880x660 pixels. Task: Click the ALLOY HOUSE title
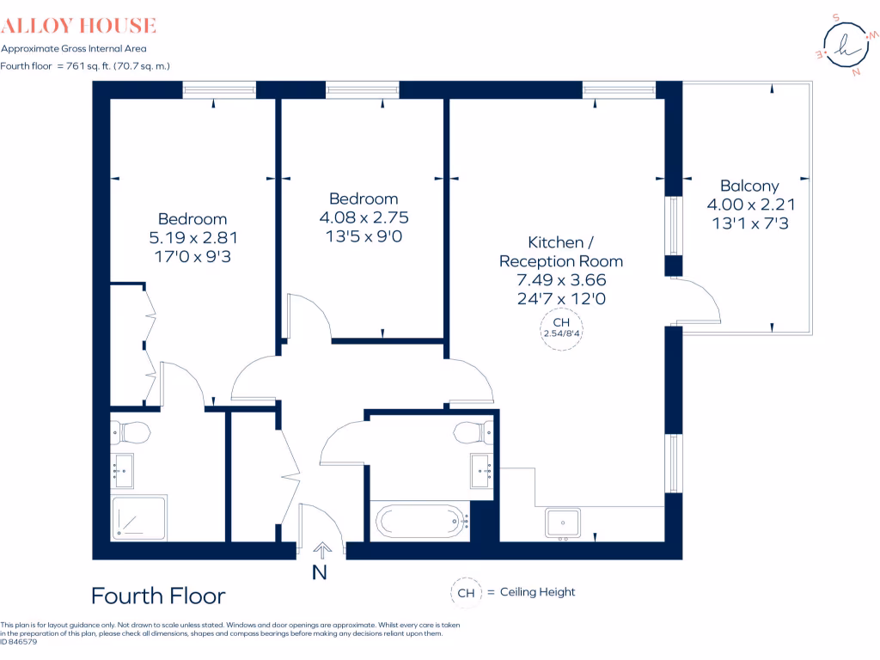point(78,26)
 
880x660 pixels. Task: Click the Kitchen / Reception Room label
point(561,251)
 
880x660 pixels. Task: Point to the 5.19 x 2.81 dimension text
point(192,238)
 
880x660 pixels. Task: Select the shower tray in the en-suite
point(138,518)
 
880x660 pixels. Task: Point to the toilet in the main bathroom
point(474,431)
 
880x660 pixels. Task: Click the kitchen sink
point(564,522)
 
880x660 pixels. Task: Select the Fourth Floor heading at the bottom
point(158,596)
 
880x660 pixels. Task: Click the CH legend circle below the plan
point(465,592)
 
